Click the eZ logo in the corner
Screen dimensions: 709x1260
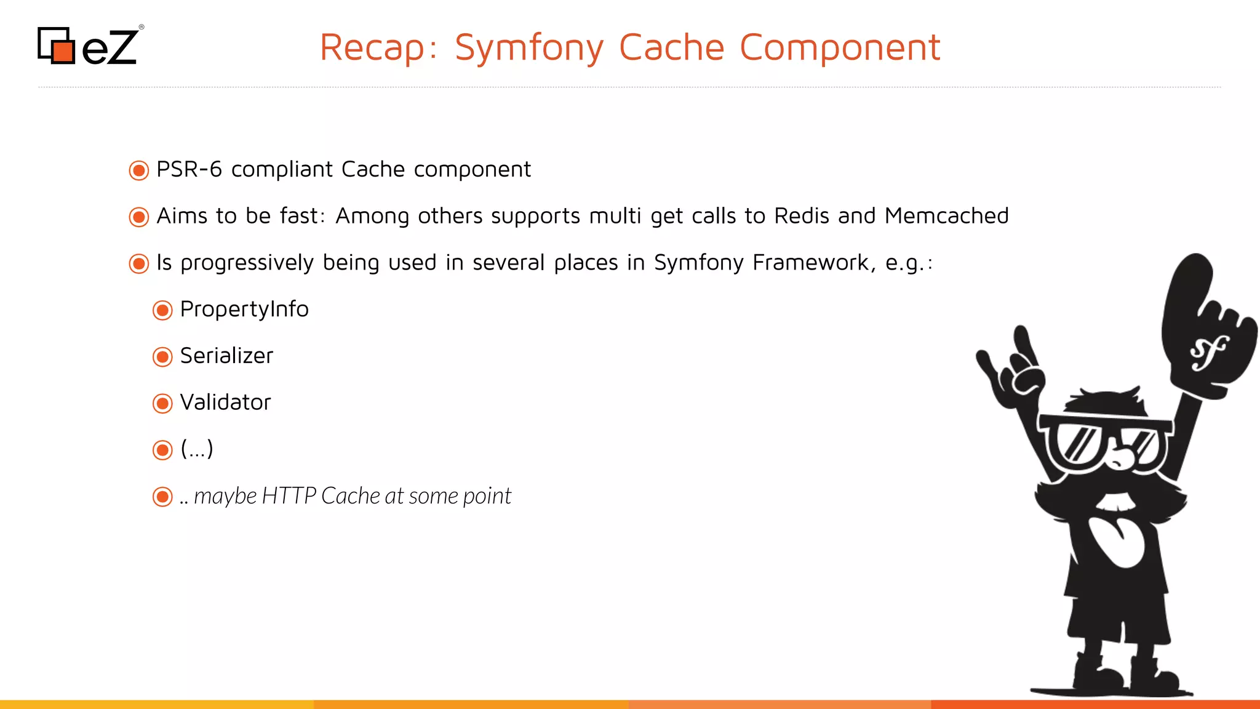point(89,46)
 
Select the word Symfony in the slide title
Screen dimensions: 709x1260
point(529,47)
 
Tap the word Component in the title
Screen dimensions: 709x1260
point(839,47)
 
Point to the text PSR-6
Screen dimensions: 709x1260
point(189,169)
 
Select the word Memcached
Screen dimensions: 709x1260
point(946,216)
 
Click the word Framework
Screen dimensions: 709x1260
point(810,263)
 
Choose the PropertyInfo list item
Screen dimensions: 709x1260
point(244,309)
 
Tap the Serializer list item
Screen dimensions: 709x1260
point(226,356)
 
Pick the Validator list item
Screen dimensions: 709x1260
point(225,403)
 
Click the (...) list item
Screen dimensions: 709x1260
point(197,449)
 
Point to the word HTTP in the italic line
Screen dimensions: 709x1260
point(289,496)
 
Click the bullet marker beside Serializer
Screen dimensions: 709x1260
point(162,357)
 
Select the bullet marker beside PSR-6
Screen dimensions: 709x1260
point(139,170)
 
